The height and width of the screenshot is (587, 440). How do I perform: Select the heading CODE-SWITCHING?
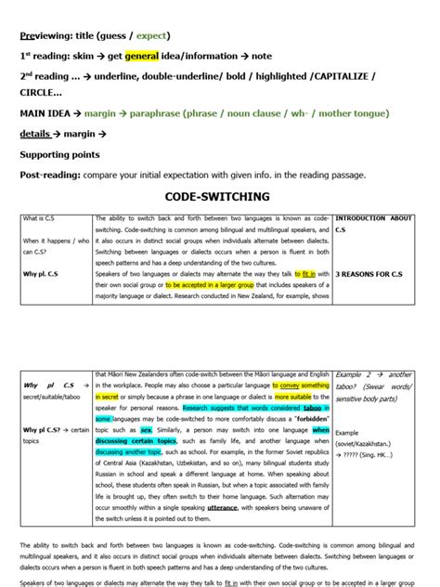click(217, 197)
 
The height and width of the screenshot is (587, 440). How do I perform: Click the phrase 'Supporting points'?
click(59, 154)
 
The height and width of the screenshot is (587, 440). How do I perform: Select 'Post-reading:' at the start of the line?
click(51, 175)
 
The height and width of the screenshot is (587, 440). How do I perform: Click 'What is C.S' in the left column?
click(42, 219)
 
